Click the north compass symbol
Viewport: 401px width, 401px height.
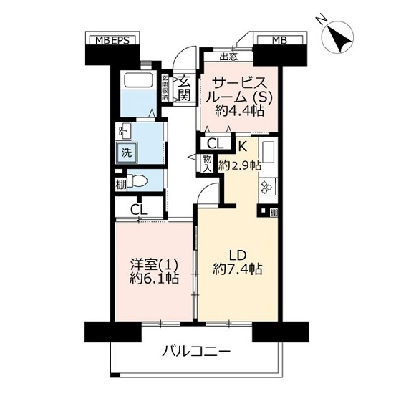(338, 37)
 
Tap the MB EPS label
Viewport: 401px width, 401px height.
(112, 40)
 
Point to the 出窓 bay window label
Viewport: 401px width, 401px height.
(228, 57)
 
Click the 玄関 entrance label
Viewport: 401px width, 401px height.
(184, 89)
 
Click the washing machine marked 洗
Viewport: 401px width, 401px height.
(127, 153)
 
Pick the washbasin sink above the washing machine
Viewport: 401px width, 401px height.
(124, 131)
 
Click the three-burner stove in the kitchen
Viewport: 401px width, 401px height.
(268, 187)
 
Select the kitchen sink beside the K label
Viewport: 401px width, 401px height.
(268, 152)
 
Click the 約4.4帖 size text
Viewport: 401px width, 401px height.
(239, 111)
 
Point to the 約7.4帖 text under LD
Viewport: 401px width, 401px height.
(237, 269)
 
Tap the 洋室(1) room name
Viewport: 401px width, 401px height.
(154, 265)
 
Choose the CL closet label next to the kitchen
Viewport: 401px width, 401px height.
(216, 144)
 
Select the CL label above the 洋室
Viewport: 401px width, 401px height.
(139, 211)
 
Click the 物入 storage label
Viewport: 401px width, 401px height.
(207, 164)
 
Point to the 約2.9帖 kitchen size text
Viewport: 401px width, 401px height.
(240, 165)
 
